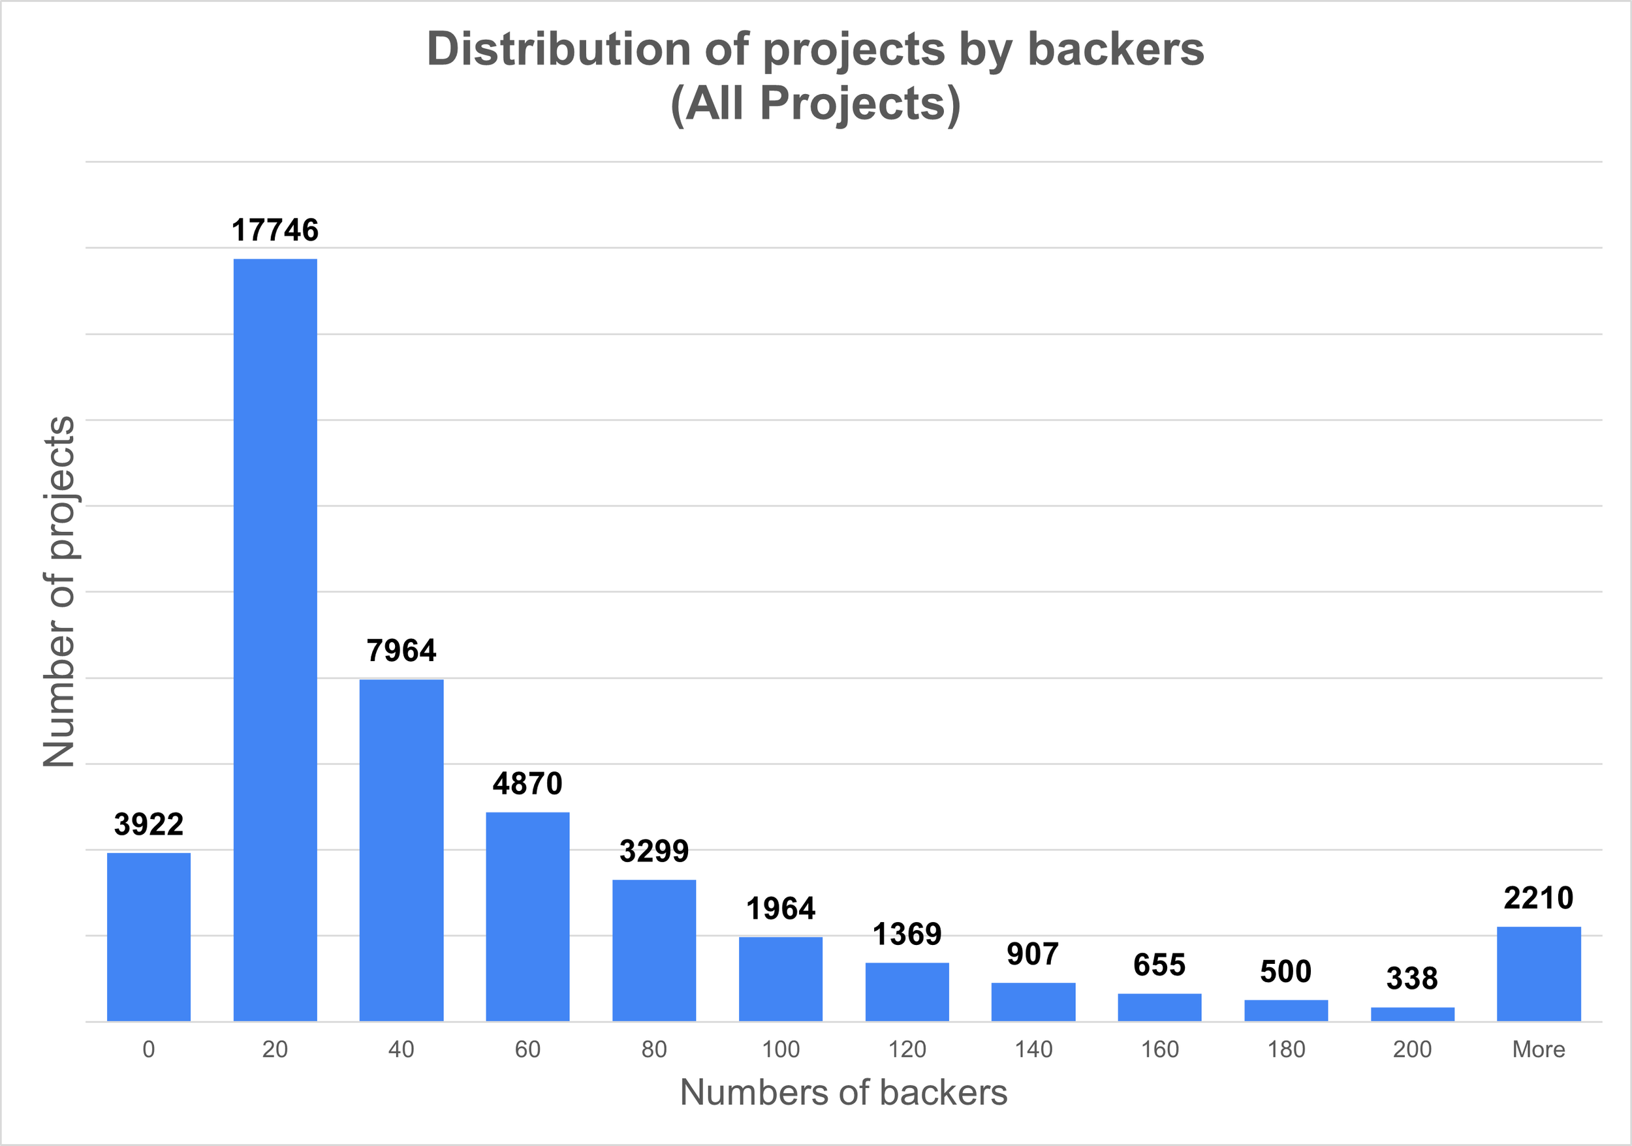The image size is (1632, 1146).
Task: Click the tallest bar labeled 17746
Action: pos(275,640)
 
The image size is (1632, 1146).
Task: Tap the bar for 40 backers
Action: pos(401,850)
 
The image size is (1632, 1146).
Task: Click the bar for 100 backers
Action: pos(781,979)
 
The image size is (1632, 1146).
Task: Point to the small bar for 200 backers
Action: pos(1413,1015)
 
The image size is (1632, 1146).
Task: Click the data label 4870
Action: pos(527,784)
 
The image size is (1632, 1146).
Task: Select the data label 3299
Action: pos(654,851)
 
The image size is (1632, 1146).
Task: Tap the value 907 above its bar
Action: pos(1033,954)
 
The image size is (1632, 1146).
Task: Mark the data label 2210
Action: pos(1539,898)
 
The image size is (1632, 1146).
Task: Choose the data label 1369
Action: pos(907,935)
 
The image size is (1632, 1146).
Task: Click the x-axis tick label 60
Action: pos(527,1049)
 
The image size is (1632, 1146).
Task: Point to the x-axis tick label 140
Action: pos(1033,1049)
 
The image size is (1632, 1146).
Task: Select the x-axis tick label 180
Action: pos(1286,1049)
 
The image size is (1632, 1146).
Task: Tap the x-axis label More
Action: pos(1539,1049)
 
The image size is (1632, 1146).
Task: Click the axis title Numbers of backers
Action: pos(843,1092)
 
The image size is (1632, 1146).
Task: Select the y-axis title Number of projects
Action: pos(58,591)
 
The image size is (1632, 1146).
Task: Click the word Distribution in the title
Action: pos(558,50)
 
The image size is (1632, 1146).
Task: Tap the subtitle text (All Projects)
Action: pos(815,104)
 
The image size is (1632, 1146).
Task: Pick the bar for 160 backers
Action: pos(1159,1008)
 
